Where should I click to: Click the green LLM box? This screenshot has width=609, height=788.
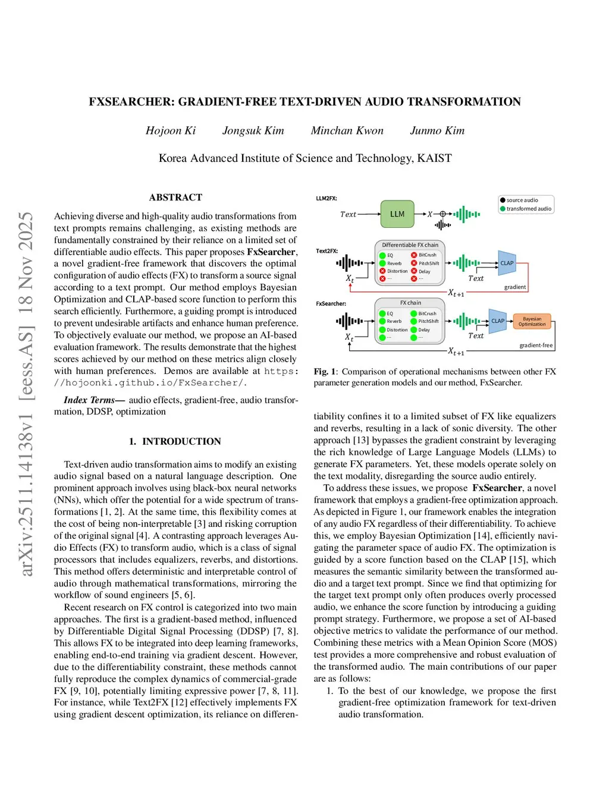tap(397, 214)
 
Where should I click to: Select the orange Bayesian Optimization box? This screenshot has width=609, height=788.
tap(532, 322)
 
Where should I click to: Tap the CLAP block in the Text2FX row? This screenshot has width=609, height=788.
tap(507, 263)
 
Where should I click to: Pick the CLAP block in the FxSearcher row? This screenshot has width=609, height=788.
tap(498, 321)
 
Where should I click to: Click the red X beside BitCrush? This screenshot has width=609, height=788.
tap(414, 255)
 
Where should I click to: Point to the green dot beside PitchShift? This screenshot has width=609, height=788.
tap(414, 321)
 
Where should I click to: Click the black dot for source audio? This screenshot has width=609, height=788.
tap(503, 200)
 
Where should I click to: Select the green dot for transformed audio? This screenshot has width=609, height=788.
tap(503, 209)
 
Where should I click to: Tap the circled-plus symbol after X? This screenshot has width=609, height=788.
tap(442, 214)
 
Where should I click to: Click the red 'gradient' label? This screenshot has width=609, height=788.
tap(515, 287)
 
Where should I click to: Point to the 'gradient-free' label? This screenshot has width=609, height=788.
tap(536, 346)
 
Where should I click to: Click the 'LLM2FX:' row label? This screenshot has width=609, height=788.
tap(327, 199)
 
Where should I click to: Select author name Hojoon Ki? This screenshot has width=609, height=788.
tap(171, 131)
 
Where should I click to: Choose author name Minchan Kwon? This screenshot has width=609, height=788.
tap(347, 131)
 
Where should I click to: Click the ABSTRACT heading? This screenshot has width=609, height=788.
tap(175, 197)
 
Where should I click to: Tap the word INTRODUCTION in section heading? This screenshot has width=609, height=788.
tap(181, 441)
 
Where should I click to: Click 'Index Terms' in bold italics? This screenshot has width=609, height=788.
tap(89, 400)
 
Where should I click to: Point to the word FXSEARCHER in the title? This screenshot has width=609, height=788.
tap(131, 102)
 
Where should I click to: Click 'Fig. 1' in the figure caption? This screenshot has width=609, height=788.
tap(325, 372)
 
